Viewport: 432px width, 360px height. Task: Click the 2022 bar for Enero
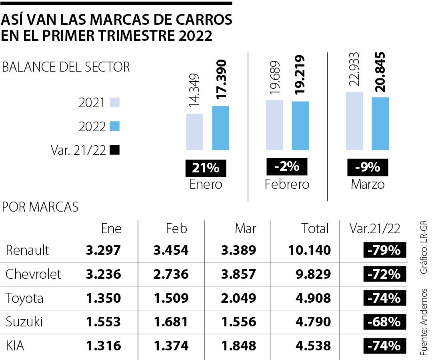220,128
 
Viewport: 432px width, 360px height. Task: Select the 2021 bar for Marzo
354,121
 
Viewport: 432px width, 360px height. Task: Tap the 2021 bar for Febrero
274,125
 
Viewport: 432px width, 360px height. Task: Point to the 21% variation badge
206,168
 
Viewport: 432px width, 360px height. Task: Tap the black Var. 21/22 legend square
114,150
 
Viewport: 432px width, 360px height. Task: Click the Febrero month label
287,184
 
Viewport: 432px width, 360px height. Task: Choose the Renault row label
27,250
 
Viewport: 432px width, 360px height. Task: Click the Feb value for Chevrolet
170,274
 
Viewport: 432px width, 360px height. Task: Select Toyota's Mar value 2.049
238,298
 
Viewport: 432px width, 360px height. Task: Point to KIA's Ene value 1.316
103,346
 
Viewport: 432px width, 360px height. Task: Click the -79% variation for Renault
384,251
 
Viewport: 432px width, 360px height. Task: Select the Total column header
315,228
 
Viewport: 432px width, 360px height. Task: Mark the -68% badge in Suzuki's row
384,322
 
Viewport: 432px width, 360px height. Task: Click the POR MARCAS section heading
40,207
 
